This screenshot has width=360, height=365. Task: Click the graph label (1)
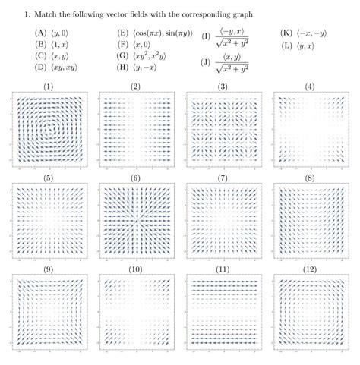coord(48,87)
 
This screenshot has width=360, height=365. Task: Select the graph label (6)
coord(135,178)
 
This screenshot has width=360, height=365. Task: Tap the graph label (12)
coord(308,269)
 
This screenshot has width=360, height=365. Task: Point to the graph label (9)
coord(48,269)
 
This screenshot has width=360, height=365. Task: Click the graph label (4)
coord(308,87)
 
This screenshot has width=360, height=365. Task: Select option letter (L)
coord(286,45)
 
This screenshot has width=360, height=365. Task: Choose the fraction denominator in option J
coord(238,71)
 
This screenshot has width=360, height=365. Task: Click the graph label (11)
coord(221,269)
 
